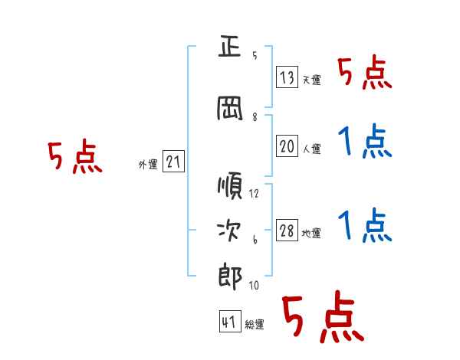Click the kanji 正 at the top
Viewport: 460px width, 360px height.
pyautogui.click(x=230, y=46)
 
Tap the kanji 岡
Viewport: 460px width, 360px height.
pyautogui.click(x=230, y=108)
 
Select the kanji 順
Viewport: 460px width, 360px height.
pyautogui.click(x=230, y=185)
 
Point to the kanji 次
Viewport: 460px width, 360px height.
pyautogui.click(x=229, y=230)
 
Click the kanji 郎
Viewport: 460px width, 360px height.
pyautogui.click(x=230, y=277)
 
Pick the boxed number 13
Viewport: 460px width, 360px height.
pyautogui.click(x=287, y=77)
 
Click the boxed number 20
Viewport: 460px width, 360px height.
pyautogui.click(x=287, y=146)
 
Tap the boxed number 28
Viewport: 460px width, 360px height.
pyautogui.click(x=287, y=230)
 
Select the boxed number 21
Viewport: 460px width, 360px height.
pyautogui.click(x=173, y=162)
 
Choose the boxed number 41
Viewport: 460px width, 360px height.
pyautogui.click(x=230, y=321)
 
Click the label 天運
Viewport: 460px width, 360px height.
pyautogui.click(x=312, y=80)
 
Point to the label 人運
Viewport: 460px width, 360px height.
pyautogui.click(x=312, y=149)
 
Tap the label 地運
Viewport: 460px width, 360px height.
pyautogui.click(x=311, y=233)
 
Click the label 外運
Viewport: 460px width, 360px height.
pyautogui.click(x=148, y=165)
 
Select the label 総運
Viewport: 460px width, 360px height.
pyautogui.click(x=255, y=325)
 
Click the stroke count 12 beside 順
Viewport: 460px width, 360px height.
pyautogui.click(x=254, y=194)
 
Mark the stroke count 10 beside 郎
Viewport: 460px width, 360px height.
pyautogui.click(x=254, y=285)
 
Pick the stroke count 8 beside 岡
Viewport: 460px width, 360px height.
pyautogui.click(x=255, y=117)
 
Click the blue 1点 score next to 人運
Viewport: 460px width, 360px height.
pyautogui.click(x=365, y=141)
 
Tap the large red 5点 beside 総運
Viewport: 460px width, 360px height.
pyautogui.click(x=323, y=316)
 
